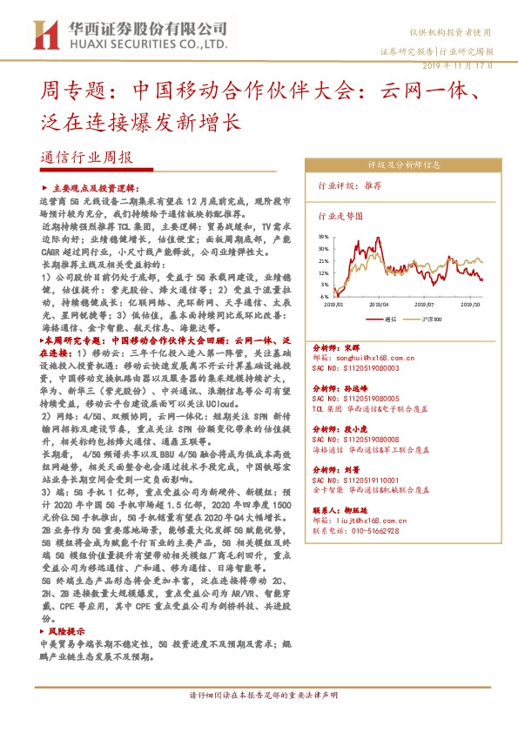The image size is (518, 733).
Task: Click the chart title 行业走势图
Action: tap(339, 214)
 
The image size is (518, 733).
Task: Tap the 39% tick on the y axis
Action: tap(324, 236)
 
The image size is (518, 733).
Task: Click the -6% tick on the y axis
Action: tap(324, 296)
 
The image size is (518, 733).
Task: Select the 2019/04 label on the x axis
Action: tap(380, 305)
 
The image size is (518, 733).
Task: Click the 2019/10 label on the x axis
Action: tap(470, 305)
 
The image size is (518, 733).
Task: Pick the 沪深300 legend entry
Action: tap(428, 319)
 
